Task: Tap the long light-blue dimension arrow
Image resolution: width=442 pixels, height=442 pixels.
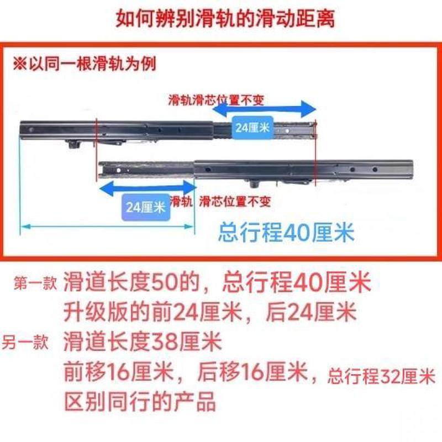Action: (x=108, y=225)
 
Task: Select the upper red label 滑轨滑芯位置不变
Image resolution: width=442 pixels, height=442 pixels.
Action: (x=217, y=101)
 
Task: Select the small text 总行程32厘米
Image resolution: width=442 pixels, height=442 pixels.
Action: (x=381, y=378)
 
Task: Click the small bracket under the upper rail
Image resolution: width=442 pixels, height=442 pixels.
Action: (x=73, y=145)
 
